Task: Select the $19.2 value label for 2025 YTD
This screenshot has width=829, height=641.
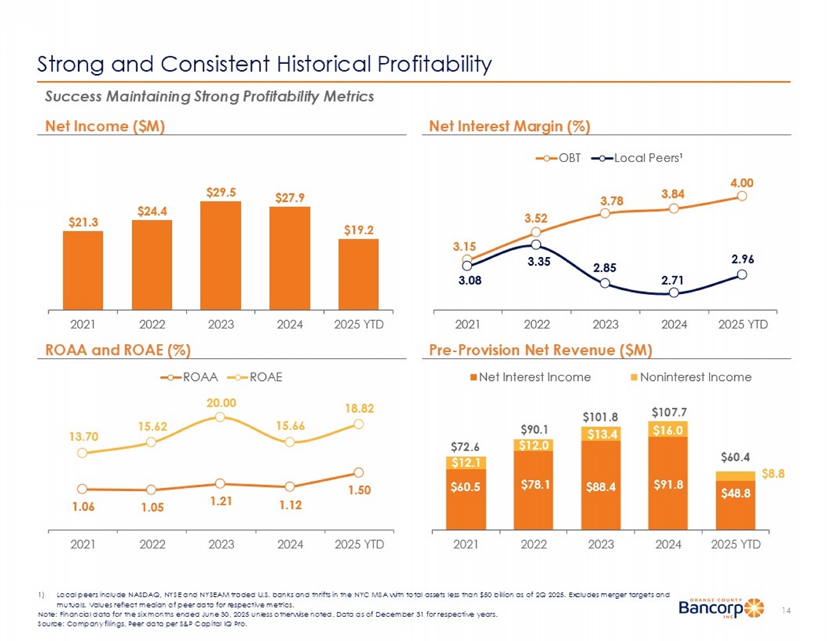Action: pyautogui.click(x=358, y=230)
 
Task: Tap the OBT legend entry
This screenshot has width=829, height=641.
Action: pyautogui.click(x=558, y=158)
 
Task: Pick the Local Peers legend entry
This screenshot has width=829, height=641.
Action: pyautogui.click(x=637, y=158)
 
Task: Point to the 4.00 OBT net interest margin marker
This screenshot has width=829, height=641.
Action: pyautogui.click(x=742, y=196)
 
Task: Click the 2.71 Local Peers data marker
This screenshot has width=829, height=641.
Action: pyautogui.click(x=673, y=293)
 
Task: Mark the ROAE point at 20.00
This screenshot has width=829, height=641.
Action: pyautogui.click(x=220, y=416)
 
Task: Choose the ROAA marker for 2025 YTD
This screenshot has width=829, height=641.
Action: pyautogui.click(x=358, y=472)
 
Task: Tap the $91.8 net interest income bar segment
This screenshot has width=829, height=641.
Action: pyautogui.click(x=668, y=483)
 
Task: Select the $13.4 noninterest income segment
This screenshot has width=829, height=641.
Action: pyautogui.click(x=601, y=434)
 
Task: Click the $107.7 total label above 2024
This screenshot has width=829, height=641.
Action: pyautogui.click(x=668, y=412)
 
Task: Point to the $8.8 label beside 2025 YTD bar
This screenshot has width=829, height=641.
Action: pyautogui.click(x=773, y=474)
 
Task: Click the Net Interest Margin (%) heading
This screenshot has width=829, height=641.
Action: pyautogui.click(x=509, y=126)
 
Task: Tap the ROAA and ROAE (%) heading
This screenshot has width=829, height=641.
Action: pyautogui.click(x=118, y=350)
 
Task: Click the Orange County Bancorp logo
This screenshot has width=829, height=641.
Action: pyautogui.click(x=721, y=608)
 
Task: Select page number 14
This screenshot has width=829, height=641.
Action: pyautogui.click(x=786, y=611)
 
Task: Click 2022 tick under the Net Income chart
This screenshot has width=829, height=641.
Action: pyautogui.click(x=152, y=324)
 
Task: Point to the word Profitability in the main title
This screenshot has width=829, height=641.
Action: pyautogui.click(x=434, y=64)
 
